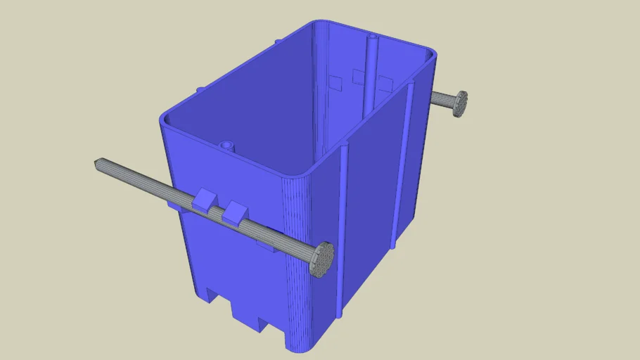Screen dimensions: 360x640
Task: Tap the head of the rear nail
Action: pyautogui.click(x=460, y=103)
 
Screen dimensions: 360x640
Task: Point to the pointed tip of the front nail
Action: pyautogui.click(x=96, y=163)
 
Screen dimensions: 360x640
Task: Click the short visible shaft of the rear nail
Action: pyautogui.click(x=442, y=99)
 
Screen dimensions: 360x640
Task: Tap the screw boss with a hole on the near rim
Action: pyautogui.click(x=225, y=146)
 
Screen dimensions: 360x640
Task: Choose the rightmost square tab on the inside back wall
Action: pyautogui.click(x=384, y=85)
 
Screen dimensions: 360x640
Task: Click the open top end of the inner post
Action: pyautogui.click(x=371, y=37)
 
